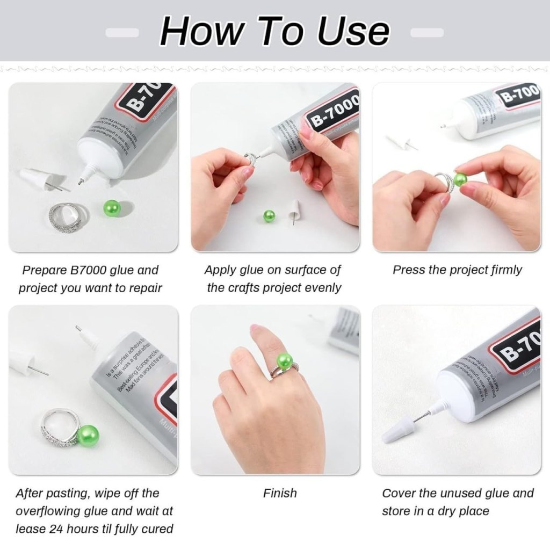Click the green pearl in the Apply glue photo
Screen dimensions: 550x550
pyautogui.click(x=269, y=216)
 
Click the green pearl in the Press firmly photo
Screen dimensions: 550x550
pyautogui.click(x=460, y=179)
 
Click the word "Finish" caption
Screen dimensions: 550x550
pyautogui.click(x=280, y=493)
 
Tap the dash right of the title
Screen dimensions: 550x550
pyautogui.click(x=427, y=33)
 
